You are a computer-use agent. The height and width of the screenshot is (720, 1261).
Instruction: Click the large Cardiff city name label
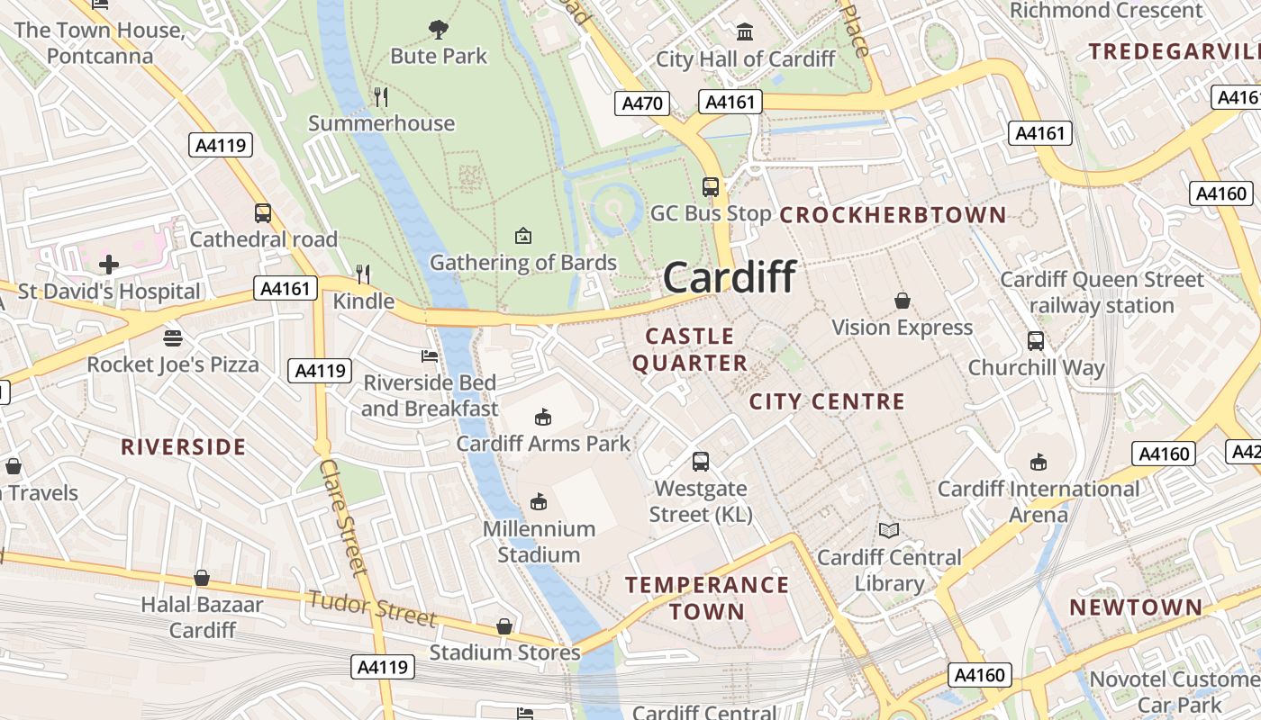click(730, 277)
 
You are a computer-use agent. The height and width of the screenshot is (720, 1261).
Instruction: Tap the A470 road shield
click(643, 103)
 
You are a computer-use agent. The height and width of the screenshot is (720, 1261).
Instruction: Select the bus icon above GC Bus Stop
click(711, 187)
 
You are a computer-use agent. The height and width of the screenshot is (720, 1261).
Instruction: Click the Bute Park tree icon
click(439, 30)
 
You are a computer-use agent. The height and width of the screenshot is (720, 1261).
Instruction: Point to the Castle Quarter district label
click(690, 349)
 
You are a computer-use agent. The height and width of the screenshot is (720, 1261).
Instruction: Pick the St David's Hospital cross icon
click(109, 265)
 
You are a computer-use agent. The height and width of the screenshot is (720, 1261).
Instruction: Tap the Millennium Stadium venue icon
click(539, 501)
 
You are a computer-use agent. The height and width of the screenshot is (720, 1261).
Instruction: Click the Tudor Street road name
click(372, 608)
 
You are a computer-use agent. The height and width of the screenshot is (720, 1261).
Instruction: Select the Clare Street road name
click(343, 517)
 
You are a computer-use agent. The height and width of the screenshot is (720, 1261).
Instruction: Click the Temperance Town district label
click(707, 598)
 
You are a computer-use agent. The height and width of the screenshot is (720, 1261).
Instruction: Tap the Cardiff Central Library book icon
click(889, 531)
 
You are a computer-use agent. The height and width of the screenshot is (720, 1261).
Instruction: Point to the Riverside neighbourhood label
click(184, 447)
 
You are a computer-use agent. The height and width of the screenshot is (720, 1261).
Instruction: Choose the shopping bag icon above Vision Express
click(902, 301)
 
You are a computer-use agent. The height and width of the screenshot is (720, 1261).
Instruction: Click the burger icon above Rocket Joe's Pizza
click(173, 337)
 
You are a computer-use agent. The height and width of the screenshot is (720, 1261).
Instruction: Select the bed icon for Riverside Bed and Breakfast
click(430, 356)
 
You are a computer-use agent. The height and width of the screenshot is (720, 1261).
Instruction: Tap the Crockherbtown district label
click(893, 215)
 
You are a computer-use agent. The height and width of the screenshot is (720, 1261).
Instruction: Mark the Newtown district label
click(1136, 607)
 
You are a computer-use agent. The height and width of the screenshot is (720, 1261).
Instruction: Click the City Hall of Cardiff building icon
click(745, 33)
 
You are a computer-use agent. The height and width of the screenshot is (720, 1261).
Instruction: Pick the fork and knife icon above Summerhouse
click(381, 96)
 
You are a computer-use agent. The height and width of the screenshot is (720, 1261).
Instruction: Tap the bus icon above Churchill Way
click(1036, 341)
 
